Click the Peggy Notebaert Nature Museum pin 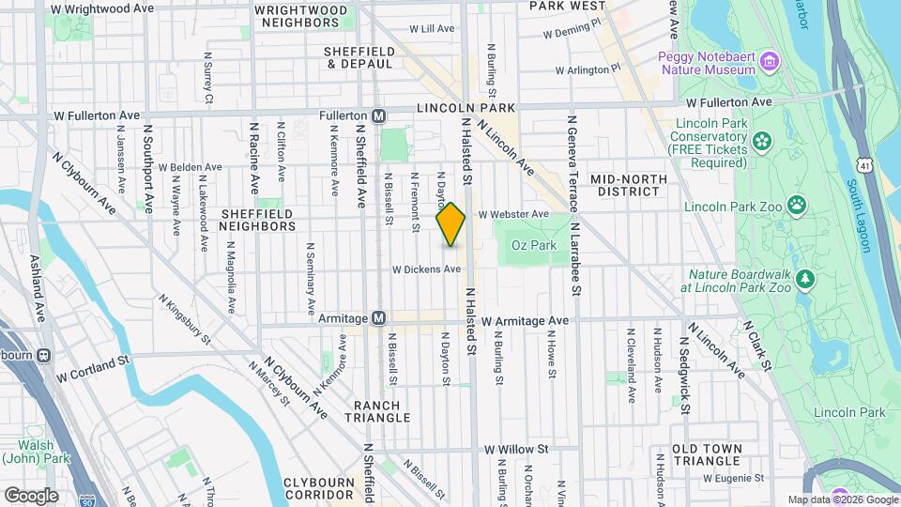coord(771,62)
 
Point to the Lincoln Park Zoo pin coord(797,204)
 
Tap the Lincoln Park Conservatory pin coord(760,142)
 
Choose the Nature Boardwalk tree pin coord(804,279)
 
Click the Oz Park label coord(533,245)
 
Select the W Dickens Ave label coord(426,269)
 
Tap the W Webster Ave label coord(512,214)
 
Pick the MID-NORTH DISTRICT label coord(628,185)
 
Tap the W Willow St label coord(517,449)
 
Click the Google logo coord(31,495)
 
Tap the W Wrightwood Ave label coord(102,8)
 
